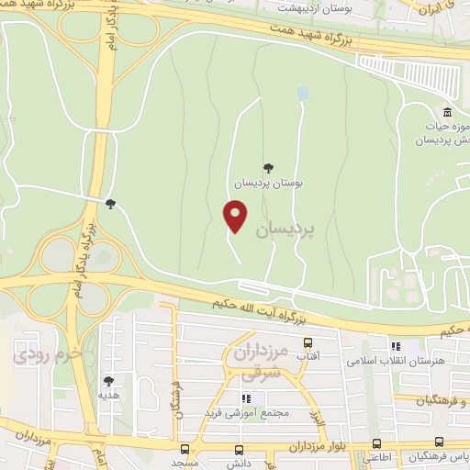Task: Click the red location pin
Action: [236, 216]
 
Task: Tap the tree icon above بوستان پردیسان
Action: [268, 167]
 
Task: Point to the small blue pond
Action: [303, 94]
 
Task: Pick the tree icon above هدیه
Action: [109, 380]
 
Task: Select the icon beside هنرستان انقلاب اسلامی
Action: [396, 347]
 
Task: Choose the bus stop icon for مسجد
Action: [185, 450]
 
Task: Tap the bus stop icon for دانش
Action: [241, 450]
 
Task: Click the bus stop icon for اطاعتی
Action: [375, 443]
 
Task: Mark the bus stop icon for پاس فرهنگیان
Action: [440, 443]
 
